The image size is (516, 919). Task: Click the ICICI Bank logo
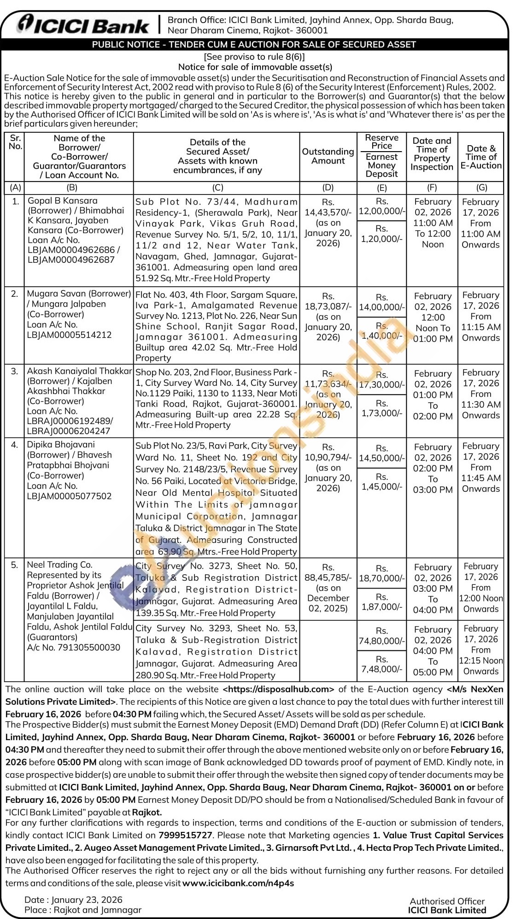[x=83, y=25]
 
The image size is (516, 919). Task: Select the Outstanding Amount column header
[x=328, y=156]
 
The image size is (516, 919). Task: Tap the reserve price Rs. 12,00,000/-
[x=382, y=206]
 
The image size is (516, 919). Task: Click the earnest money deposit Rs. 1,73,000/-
[x=382, y=408]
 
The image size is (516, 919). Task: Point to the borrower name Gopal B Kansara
[x=63, y=200]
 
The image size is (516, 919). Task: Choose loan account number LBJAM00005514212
[x=69, y=335]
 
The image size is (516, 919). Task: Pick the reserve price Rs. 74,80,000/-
[x=382, y=636]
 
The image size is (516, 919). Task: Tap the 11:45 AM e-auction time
[x=481, y=478]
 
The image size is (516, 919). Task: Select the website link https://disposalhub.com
[x=278, y=689]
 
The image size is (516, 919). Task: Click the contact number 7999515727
[x=185, y=835]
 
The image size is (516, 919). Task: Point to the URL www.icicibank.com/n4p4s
[x=238, y=883]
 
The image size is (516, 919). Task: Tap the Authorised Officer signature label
[x=447, y=901]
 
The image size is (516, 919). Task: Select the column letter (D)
[x=328, y=188]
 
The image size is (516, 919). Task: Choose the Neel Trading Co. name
[x=60, y=565]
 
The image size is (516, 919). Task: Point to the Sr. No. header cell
[x=15, y=142]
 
